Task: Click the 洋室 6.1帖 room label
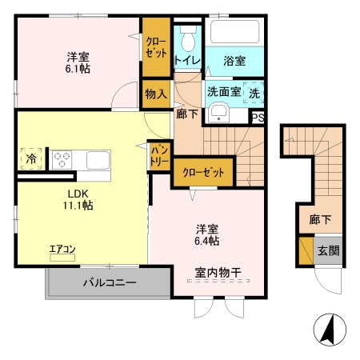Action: [x=78, y=63]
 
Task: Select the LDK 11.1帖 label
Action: [x=78, y=198]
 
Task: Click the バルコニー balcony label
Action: [x=109, y=282]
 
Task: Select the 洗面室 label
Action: [x=224, y=91]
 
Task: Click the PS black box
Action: [x=258, y=117]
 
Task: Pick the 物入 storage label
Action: [x=156, y=94]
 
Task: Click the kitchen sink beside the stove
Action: [x=96, y=158]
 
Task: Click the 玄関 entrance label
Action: [x=328, y=250]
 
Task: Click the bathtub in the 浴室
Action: [x=234, y=32]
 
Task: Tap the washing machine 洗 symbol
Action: [x=254, y=91]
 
